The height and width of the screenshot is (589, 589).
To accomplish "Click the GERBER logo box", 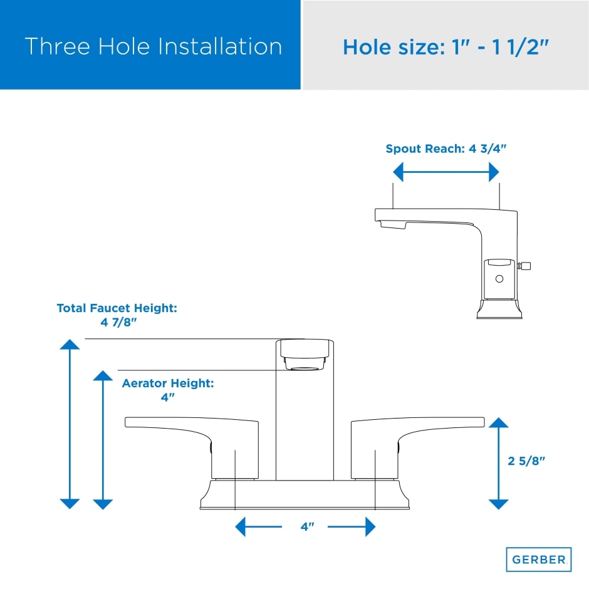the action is point(538,560).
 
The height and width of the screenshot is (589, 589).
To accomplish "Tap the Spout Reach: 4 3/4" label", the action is point(446,149).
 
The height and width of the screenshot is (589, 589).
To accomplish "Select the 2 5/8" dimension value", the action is point(526,461).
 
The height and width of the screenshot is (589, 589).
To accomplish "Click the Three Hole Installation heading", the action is point(154,46).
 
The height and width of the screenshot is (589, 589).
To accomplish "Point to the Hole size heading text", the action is point(446,48).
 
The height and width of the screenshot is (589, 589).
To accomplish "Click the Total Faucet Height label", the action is point(117,315).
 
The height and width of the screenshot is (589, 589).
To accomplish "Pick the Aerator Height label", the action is point(168,390).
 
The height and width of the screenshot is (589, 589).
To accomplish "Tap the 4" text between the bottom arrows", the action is point(307,526).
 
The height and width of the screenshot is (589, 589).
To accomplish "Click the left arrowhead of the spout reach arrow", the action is point(398,172).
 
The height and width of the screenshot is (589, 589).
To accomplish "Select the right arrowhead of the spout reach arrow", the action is point(494,172).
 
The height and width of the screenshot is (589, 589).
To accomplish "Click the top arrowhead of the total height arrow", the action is point(70,344).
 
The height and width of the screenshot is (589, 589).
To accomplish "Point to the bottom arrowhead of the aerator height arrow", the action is point(103,504).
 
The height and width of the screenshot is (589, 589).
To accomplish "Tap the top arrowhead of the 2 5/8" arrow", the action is point(499,422).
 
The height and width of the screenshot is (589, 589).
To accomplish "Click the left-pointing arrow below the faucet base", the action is point(258,526).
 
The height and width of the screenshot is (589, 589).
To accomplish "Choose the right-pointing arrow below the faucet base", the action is point(352,526).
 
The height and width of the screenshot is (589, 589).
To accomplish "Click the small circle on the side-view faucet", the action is point(499,279).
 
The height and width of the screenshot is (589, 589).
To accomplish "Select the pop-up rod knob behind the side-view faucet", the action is point(524,266).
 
